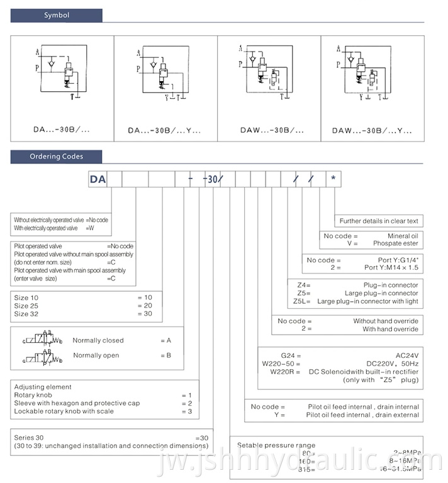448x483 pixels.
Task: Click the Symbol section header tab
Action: (57, 15)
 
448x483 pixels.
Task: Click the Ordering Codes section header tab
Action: (57, 157)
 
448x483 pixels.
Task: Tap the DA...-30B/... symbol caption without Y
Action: (62, 130)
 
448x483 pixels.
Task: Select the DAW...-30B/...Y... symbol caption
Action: (372, 131)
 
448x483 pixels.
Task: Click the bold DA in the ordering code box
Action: (98, 179)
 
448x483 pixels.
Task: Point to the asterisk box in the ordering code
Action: (333, 179)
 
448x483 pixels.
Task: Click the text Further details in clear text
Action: (379, 221)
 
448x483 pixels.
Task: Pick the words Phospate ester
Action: (395, 243)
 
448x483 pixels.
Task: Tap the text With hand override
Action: (390, 329)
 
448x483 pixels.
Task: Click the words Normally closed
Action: (98, 340)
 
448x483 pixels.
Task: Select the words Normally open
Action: (96, 355)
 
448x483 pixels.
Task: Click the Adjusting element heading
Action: (43, 387)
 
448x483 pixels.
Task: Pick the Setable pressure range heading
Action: (276, 445)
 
